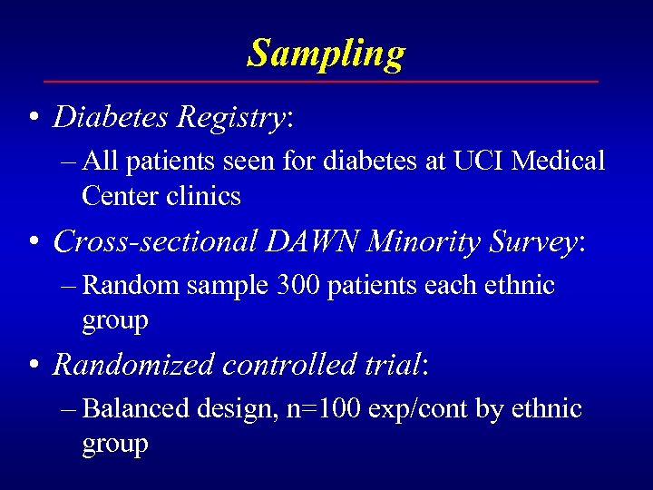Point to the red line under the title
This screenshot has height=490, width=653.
point(326,82)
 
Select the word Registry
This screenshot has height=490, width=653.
point(231,117)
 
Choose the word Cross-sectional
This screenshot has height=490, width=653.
point(156,241)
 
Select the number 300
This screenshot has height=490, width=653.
point(301,286)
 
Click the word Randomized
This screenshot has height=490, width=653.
point(133,365)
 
